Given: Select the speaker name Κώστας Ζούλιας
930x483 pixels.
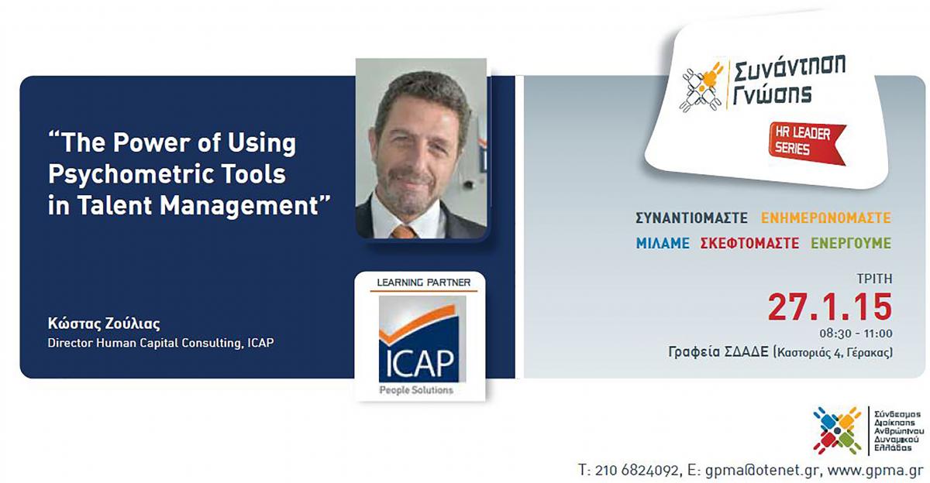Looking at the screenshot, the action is point(104,324).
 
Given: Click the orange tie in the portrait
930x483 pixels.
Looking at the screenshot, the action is point(404,231).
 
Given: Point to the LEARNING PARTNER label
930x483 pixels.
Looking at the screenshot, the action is point(423,283).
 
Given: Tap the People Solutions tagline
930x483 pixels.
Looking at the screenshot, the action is point(416,390).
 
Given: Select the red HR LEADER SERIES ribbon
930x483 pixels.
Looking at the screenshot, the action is point(806,142).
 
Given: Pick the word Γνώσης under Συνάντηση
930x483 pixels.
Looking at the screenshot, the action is point(771,94).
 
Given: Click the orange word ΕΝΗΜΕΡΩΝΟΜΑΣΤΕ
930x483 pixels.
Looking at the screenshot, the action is point(826,218).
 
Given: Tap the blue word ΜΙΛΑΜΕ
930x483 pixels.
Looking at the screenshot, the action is point(663,243).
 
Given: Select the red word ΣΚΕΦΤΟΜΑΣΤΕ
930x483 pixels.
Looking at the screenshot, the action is point(749,243).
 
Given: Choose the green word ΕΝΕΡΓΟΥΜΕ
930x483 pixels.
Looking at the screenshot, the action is point(851,243).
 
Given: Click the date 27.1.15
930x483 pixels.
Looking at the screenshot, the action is point(829,307).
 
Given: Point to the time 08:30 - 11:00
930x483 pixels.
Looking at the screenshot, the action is point(856,334).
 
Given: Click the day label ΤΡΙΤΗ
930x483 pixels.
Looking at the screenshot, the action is point(874,279).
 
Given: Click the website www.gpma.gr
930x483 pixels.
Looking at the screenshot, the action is point(876,471).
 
